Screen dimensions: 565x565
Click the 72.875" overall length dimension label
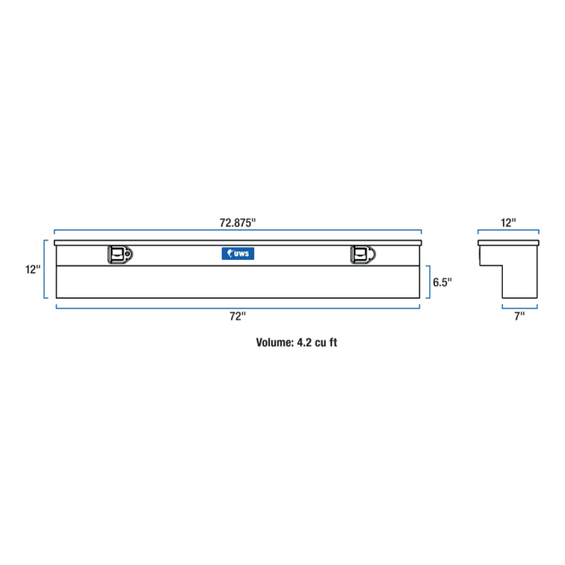238,222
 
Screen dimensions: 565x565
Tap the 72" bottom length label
236,316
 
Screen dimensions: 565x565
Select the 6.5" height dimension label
442,282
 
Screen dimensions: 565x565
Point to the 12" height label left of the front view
32,270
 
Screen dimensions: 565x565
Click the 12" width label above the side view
508,222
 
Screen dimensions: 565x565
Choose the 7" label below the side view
519,316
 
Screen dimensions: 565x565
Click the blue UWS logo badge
237,254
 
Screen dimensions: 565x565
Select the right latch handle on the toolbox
360,255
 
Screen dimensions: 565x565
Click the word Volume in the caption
274,342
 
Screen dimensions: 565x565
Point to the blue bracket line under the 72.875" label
238,232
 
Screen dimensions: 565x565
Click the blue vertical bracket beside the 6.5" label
429,282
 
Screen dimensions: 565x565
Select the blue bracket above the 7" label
519,306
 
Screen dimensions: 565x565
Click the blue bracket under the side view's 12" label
508,232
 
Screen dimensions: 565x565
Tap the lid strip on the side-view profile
508,242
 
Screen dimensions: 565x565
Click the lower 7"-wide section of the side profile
519,282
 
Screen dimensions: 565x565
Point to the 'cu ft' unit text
326,342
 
